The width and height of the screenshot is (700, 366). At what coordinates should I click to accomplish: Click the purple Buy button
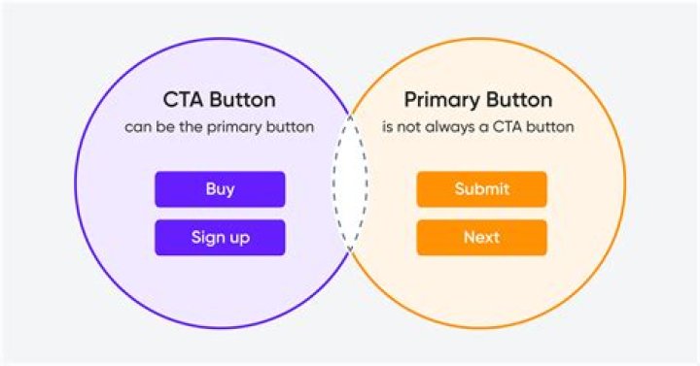220,189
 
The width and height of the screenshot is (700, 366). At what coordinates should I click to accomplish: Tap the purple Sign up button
220,238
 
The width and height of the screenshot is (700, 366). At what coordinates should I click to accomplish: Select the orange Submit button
481,189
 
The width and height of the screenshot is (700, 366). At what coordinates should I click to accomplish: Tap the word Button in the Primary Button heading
517,100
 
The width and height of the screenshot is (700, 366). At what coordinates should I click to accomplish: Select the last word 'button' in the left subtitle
291,128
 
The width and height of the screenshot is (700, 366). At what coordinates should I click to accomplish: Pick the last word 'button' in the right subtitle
551,127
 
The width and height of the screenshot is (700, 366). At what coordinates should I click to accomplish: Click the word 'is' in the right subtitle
389,127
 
